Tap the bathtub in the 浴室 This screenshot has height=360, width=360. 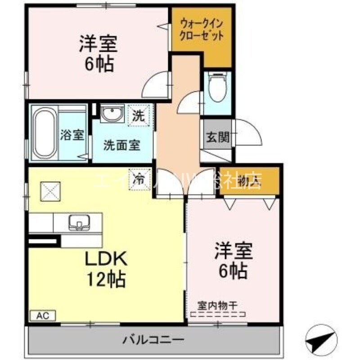tap(45, 134)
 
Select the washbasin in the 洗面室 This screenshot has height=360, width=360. tap(110, 114)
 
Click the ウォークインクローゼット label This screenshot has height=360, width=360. tap(202, 29)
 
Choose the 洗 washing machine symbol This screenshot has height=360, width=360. tap(138, 115)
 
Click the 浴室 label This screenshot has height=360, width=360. tap(72, 135)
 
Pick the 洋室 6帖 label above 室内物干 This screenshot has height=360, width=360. tap(233, 260)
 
